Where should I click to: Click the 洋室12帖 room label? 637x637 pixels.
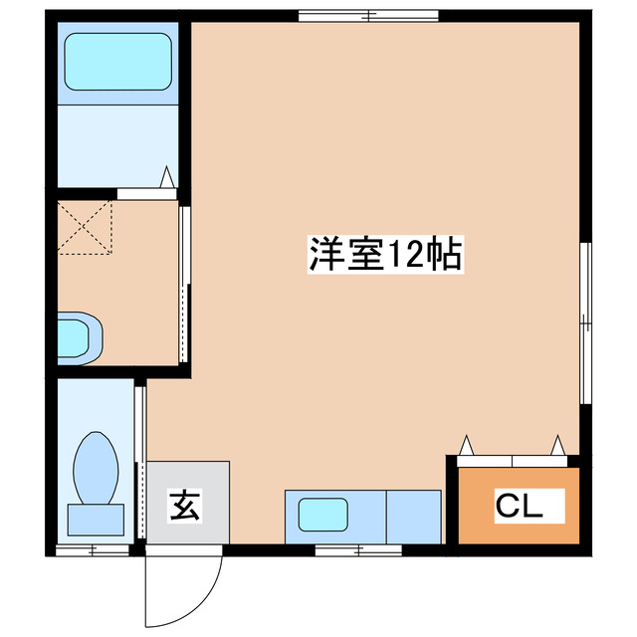click(382, 256)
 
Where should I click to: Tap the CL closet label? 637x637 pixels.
click(519, 507)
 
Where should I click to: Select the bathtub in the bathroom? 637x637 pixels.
click(118, 62)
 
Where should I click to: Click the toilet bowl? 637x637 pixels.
click(97, 464)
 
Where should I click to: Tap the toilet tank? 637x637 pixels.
click(96, 519)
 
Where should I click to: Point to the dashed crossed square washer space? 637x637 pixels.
click(84, 227)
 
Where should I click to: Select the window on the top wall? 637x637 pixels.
click(368, 15)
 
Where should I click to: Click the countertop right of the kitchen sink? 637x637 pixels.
click(413, 516)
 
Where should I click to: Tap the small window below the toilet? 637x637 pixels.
click(93, 549)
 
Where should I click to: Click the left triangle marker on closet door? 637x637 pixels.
click(466, 443)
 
